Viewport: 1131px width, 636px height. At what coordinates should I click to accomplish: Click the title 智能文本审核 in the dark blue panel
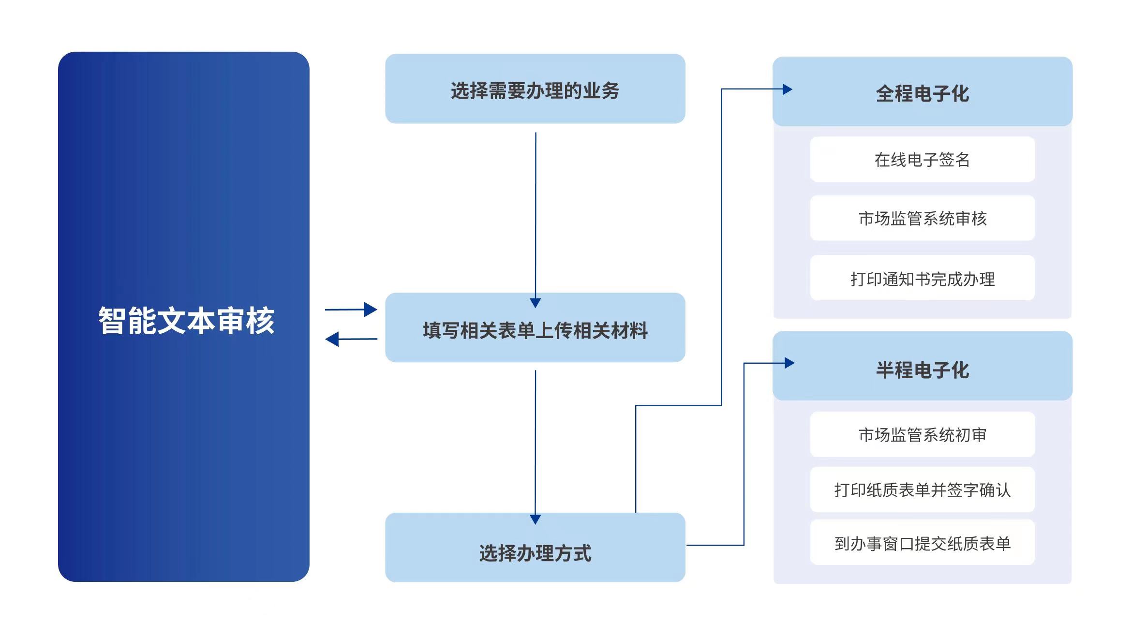point(186,321)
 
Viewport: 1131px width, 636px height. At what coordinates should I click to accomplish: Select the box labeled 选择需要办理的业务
point(535,89)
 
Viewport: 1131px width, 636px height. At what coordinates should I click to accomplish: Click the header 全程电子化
point(922,93)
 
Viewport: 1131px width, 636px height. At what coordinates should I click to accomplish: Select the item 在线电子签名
point(922,160)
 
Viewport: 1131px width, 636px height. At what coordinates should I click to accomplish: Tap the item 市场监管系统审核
point(922,218)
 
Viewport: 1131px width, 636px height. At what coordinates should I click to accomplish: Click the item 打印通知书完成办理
point(922,279)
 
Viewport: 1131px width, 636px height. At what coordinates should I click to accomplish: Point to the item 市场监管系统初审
point(922,434)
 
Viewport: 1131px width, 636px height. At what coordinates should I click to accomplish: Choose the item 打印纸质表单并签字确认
point(922,489)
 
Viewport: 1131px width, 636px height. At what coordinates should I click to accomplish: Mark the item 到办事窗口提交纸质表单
point(922,543)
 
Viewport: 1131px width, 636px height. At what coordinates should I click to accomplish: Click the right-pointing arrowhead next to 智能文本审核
point(371,310)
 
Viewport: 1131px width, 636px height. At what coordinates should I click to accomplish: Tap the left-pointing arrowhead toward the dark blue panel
point(332,339)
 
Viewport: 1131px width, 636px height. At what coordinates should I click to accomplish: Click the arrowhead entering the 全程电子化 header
point(788,89)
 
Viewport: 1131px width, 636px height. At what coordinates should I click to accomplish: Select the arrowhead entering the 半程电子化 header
point(789,363)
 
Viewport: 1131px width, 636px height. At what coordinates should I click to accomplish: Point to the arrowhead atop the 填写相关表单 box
point(535,303)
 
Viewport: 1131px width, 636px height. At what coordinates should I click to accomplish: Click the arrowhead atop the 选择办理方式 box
point(535,519)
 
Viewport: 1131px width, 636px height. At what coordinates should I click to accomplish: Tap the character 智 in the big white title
point(112,321)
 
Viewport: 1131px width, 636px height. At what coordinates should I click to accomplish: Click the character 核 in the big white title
point(260,321)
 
